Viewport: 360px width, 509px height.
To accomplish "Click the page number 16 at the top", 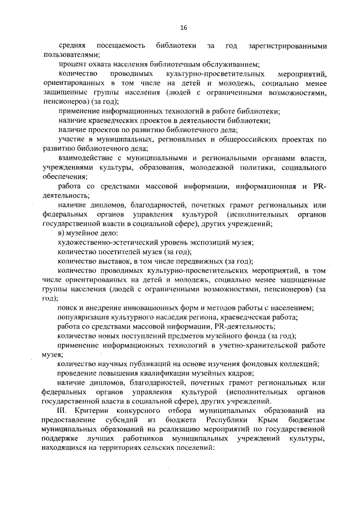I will click(183, 28).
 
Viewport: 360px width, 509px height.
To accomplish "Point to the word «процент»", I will click(71, 64).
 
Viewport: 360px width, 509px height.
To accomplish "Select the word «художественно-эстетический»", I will click(103, 242).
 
